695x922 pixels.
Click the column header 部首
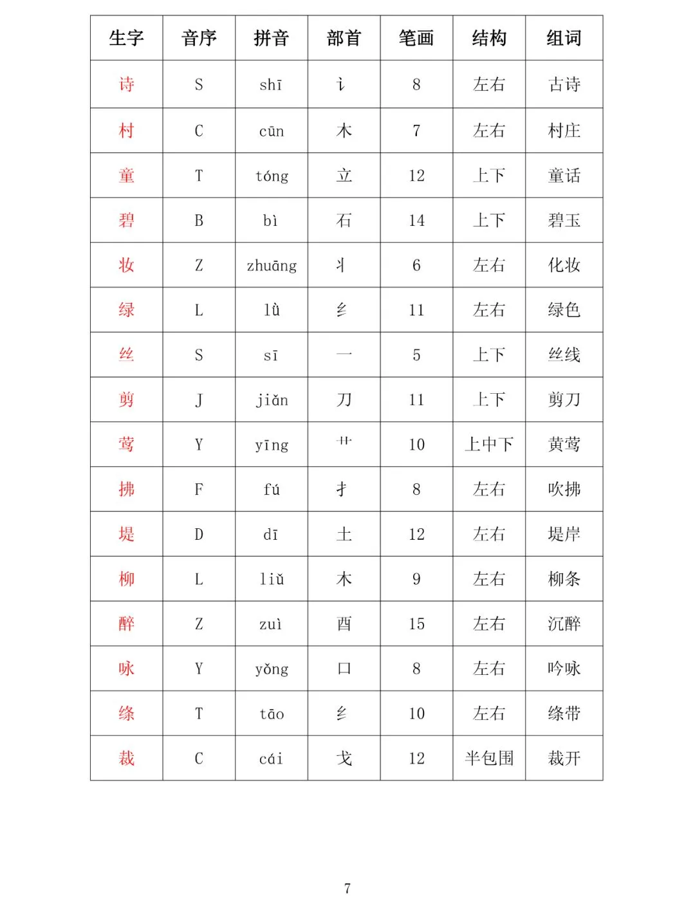coord(344,39)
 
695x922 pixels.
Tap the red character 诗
coord(126,84)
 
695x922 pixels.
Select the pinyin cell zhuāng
coord(272,265)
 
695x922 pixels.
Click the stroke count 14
coord(416,221)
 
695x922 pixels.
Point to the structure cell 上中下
coord(489,445)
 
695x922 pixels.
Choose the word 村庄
coord(564,131)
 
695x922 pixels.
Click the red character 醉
coord(126,623)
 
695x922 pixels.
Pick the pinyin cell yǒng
coord(272,669)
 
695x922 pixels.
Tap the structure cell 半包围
coord(489,759)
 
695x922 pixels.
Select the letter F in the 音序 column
coord(199,490)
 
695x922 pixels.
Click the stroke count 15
coord(416,624)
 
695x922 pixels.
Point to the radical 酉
coord(344,623)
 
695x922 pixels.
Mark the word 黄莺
coord(564,445)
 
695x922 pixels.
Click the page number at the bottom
coord(347,889)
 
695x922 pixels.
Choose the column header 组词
coord(564,39)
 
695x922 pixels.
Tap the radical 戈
coord(344,759)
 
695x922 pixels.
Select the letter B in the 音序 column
coord(199,221)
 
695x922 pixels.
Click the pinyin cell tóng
coord(272,176)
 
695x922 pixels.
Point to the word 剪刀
coord(564,400)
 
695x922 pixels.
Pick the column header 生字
coord(126,39)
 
